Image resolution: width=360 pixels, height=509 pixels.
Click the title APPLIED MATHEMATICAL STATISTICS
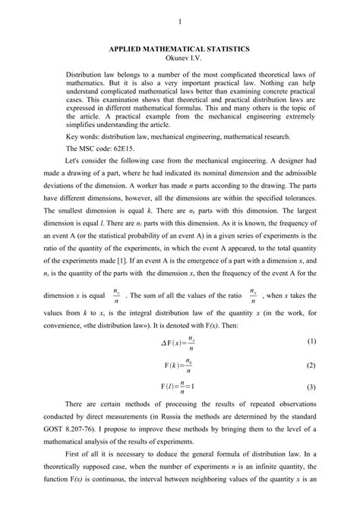point(179,48)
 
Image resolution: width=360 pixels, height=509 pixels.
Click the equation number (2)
point(311,365)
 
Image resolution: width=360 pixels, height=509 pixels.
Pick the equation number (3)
point(311,387)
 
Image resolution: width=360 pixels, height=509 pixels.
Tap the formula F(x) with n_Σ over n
point(180,365)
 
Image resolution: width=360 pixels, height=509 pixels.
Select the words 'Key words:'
point(85,137)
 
